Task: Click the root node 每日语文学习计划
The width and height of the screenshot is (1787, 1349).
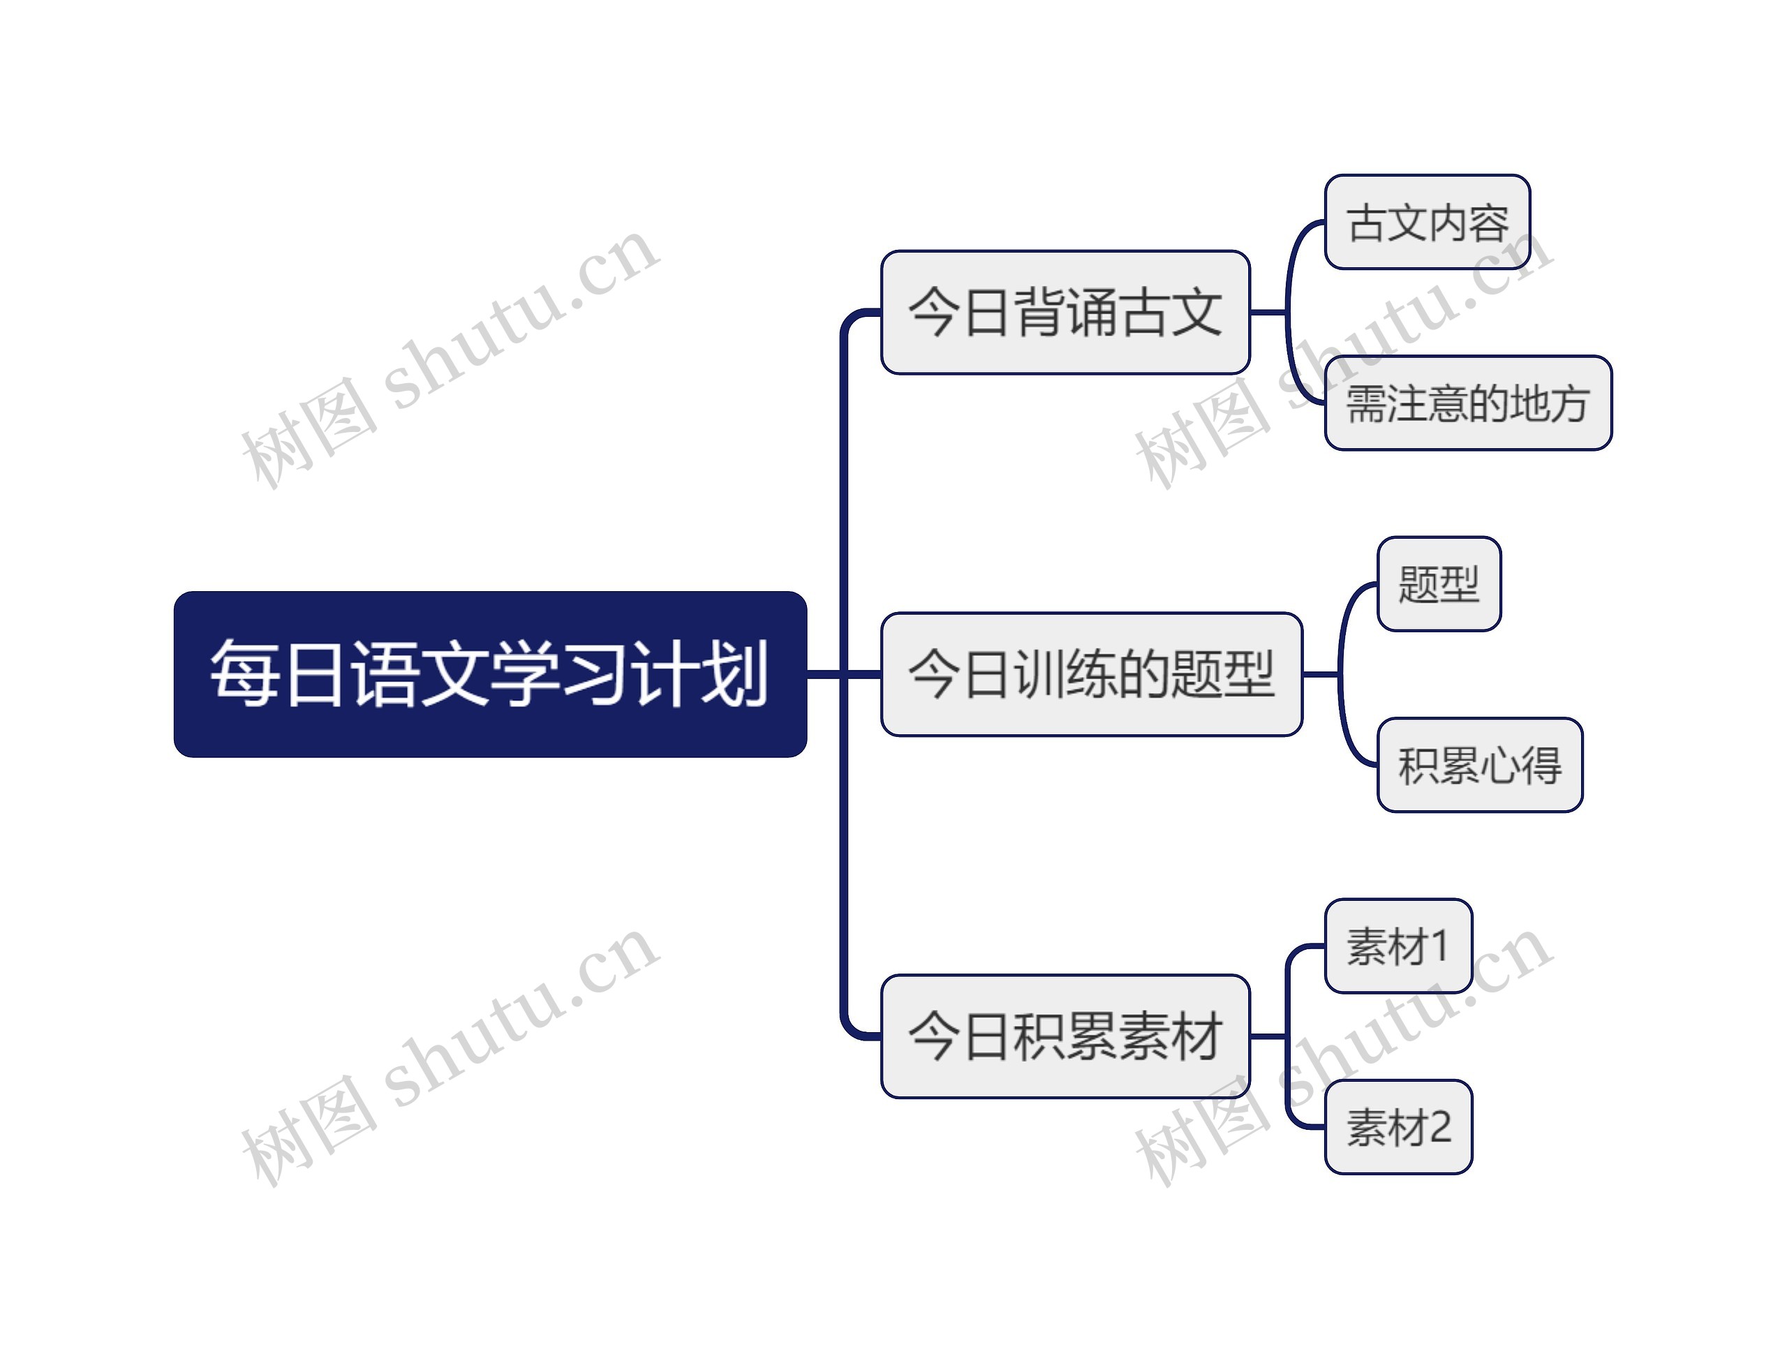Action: coord(489,673)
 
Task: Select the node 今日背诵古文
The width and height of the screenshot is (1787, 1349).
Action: coord(1065,312)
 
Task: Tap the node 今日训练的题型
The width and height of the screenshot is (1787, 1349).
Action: coord(1090,673)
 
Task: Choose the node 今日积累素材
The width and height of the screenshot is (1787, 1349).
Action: coord(1065,1036)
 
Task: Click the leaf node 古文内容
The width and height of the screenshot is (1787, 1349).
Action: coord(1428,222)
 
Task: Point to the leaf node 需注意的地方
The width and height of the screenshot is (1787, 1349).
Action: coord(1468,403)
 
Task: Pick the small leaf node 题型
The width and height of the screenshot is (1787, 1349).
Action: coord(1439,584)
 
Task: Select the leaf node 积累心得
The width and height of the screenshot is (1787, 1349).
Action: coord(1479,765)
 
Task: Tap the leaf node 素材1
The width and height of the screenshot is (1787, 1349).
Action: coord(1397,946)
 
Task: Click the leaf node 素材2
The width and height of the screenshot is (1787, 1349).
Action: coord(1397,1127)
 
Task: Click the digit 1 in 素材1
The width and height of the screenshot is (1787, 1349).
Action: coord(1439,946)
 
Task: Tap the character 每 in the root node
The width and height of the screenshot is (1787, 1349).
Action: coord(240,673)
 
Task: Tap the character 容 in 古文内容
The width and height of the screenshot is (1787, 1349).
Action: coord(1488,223)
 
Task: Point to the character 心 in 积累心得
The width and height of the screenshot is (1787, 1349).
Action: coord(1499,765)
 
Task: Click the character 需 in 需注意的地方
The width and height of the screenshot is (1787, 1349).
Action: coord(1367,403)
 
